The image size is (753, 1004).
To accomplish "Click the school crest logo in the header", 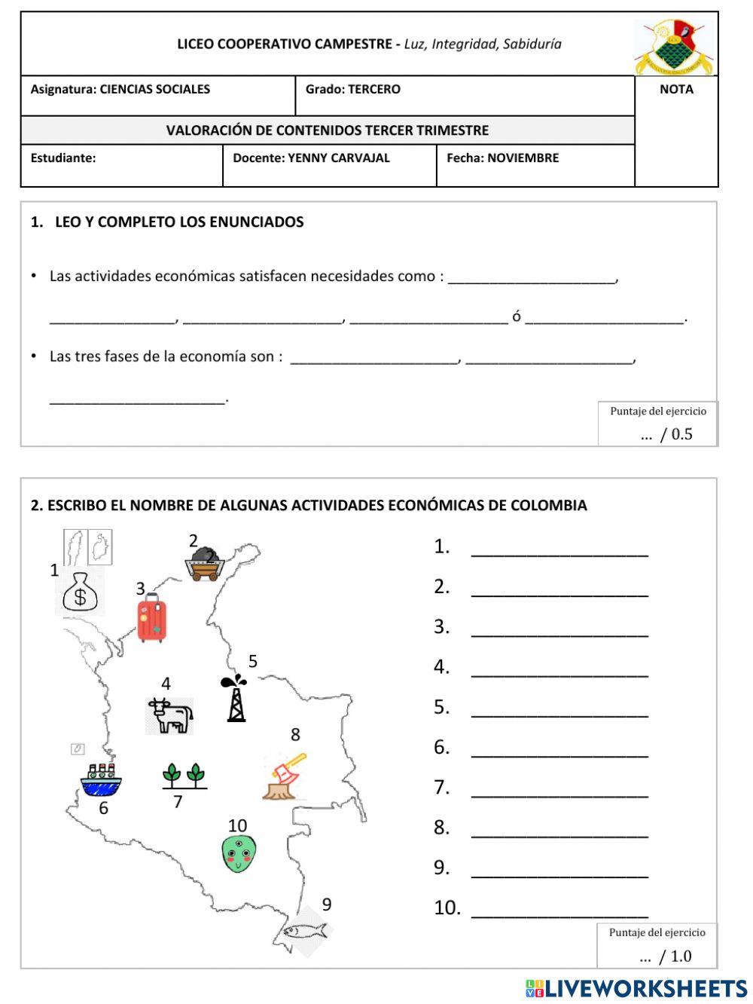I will coord(675,46).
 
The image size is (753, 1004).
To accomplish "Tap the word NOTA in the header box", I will coord(675,89).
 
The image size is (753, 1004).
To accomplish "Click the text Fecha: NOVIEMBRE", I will coord(502,158).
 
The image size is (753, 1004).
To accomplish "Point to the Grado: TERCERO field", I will coord(352,89).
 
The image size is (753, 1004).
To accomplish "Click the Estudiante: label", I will coord(63,158).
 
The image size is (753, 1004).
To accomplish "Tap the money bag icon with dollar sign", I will coord(80,593).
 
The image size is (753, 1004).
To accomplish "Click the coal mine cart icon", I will coord(204,563).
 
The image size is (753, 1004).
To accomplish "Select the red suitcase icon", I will coord(151,618).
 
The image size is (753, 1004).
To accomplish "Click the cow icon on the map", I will coord(170,715).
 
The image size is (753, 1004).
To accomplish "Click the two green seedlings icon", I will coord(184,776).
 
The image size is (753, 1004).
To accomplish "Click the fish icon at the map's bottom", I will coord(306,930).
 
